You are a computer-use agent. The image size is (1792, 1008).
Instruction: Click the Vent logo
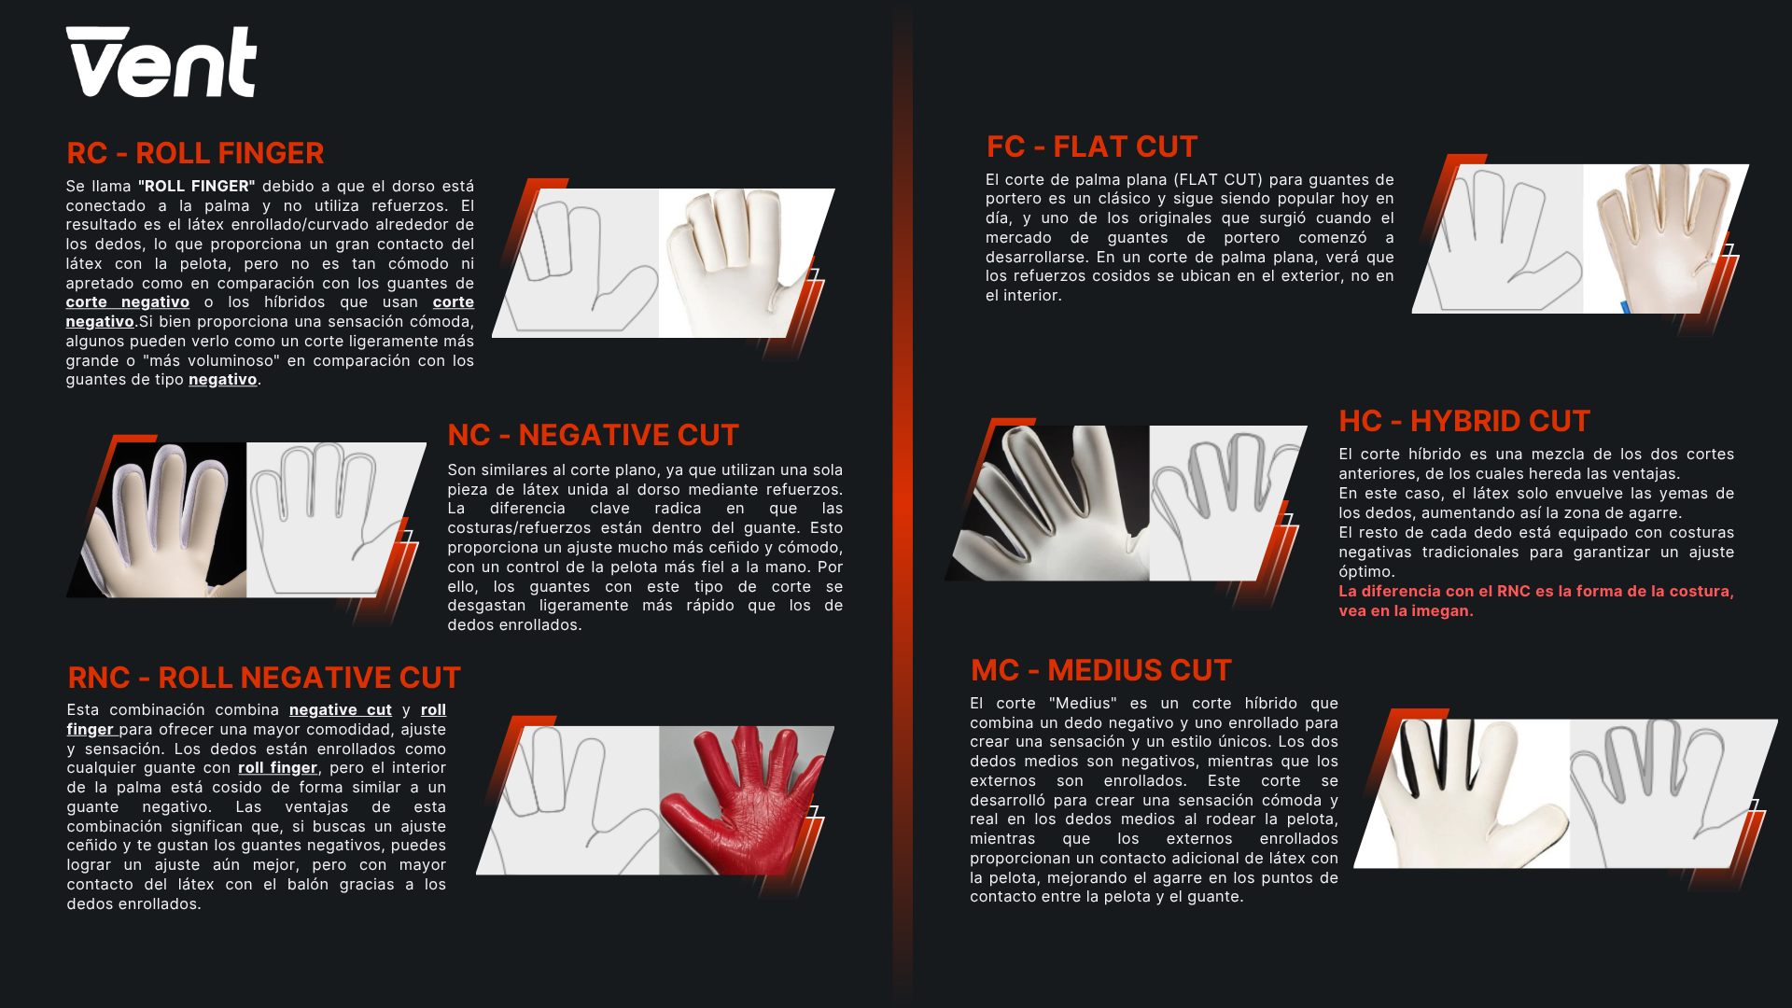[x=161, y=62]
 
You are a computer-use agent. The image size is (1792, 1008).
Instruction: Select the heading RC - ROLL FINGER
[x=195, y=153]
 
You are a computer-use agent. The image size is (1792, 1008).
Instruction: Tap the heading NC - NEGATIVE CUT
[x=593, y=435]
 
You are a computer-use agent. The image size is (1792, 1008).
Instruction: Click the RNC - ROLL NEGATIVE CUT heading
[x=264, y=678]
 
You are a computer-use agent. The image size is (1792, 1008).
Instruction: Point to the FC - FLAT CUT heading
[x=1092, y=147]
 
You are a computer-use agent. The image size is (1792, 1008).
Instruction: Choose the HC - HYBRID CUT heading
[x=1464, y=421]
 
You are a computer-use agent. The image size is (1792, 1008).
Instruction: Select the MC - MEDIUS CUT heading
[x=1101, y=670]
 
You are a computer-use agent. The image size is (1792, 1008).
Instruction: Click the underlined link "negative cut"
[x=341, y=709]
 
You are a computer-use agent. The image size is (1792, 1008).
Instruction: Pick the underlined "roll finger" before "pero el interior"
[x=277, y=767]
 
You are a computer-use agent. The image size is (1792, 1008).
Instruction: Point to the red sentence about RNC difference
[x=1536, y=600]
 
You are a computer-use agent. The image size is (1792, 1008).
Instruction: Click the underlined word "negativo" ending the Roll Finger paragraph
[x=222, y=379]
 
